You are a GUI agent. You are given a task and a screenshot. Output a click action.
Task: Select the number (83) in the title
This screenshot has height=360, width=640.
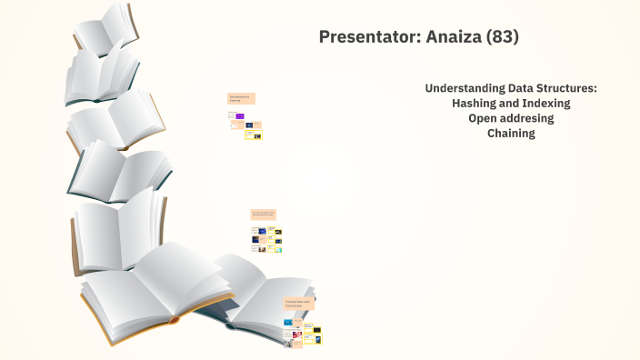503,37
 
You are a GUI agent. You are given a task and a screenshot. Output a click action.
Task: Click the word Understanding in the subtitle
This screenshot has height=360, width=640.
463,88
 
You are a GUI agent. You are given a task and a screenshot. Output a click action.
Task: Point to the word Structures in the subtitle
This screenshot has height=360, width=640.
564,88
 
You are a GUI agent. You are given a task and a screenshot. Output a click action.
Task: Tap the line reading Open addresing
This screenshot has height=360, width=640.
511,118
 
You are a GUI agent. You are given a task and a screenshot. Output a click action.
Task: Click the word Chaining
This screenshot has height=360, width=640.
511,134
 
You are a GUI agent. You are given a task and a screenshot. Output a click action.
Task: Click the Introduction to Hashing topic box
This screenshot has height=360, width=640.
241,98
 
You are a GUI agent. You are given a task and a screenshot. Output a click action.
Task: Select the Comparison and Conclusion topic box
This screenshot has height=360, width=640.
299,303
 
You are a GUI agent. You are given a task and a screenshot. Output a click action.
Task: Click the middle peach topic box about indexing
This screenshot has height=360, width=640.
264,215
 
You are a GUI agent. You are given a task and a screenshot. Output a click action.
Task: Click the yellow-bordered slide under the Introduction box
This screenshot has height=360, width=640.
258,135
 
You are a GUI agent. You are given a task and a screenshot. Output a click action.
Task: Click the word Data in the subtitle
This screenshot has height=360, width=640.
515,88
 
